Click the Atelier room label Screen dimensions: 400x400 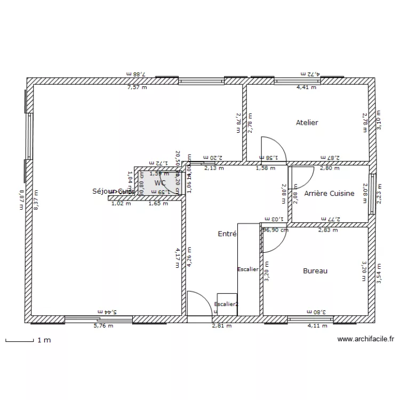pyautogui.click(x=307, y=123)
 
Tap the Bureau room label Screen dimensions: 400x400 pyautogui.click(x=315, y=271)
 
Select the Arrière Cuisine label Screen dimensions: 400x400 pyautogui.click(x=329, y=194)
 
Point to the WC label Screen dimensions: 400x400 pyautogui.click(x=160, y=182)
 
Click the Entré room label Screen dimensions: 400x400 pyautogui.click(x=228, y=234)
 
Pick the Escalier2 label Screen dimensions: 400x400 pyautogui.click(x=226, y=304)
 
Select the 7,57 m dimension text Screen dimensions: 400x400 pyautogui.click(x=137, y=87)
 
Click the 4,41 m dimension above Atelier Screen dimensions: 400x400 pyautogui.click(x=306, y=87)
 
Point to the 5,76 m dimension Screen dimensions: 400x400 pyautogui.click(x=103, y=326)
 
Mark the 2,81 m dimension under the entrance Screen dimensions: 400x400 pyautogui.click(x=222, y=326)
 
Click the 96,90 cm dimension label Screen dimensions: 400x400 pyautogui.click(x=276, y=230)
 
